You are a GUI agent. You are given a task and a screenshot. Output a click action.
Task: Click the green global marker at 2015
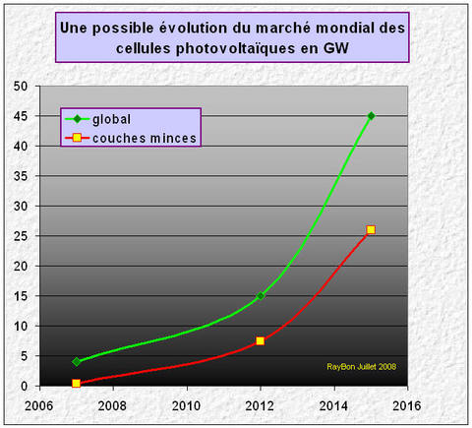coord(371,116)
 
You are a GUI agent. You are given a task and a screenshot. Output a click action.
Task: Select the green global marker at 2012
coord(260,295)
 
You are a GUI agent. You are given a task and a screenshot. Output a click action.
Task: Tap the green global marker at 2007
coord(76,361)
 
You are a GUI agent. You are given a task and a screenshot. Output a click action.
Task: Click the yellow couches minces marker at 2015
coord(371,229)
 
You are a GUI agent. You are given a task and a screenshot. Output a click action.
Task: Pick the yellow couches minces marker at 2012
coord(260,340)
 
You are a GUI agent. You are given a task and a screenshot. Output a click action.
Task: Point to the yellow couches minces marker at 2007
coord(76,383)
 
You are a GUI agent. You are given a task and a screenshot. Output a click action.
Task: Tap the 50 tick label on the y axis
coord(20,86)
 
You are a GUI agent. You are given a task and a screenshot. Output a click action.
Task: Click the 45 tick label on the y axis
coord(20,116)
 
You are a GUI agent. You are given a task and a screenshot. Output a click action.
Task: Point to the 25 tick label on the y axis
coord(20,236)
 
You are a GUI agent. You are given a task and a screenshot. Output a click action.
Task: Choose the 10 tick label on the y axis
coord(20,326)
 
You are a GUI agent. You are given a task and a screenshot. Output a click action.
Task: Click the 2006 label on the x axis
coord(39,404)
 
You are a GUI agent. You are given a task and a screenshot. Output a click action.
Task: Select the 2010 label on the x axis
coord(187,404)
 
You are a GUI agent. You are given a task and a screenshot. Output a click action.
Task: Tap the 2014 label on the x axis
coord(333,404)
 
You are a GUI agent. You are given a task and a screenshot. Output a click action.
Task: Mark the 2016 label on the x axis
coord(407,404)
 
